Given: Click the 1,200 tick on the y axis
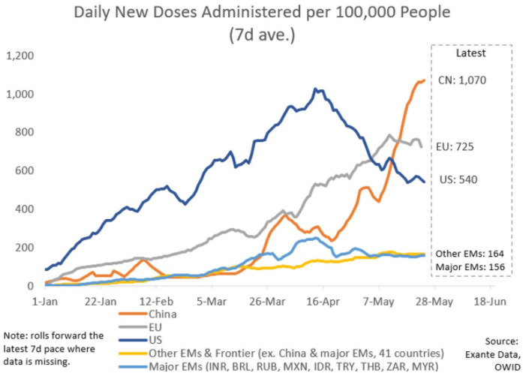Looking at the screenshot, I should pos(20,56).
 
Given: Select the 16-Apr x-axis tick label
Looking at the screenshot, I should pos(324,299).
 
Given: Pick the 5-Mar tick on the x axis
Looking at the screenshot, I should pos(212,299).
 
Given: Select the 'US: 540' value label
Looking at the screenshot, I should pos(457,179).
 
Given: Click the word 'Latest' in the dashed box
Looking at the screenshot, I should pos(470,53).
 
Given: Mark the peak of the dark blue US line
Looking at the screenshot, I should pos(316,89).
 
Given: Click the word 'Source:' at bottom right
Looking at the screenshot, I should pos(500,340).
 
